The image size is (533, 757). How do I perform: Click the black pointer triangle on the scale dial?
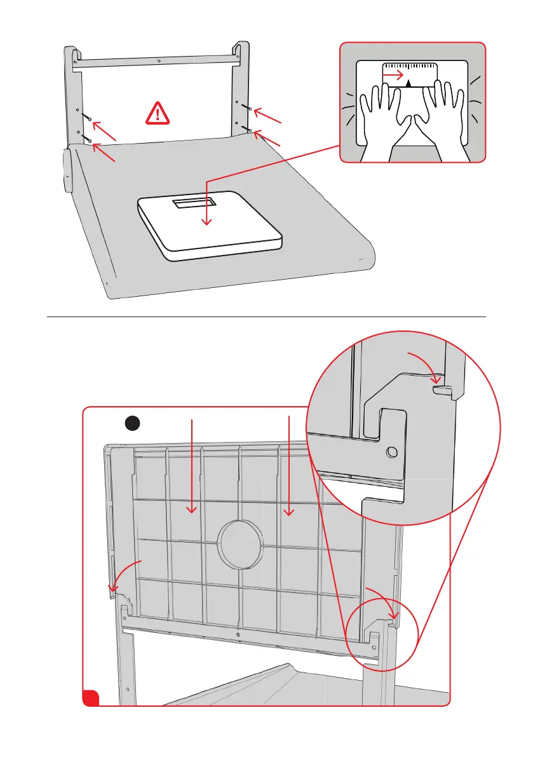409,82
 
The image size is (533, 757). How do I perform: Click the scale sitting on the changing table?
209,226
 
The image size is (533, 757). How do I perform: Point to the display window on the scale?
195,201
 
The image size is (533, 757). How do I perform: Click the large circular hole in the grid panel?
240,545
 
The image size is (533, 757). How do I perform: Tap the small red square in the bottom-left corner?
90,697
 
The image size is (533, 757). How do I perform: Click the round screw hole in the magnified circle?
391,452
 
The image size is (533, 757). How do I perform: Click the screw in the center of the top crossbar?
158,62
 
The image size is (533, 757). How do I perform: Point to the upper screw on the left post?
91,119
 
